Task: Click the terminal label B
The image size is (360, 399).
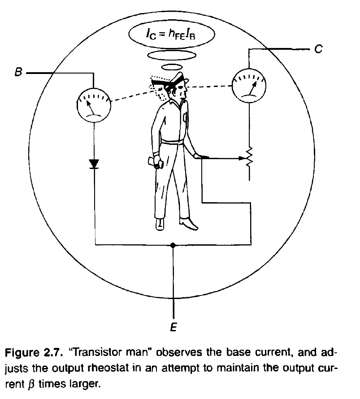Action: (18, 72)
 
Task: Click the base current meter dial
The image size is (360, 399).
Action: (94, 104)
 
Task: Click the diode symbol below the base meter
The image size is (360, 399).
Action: (94, 164)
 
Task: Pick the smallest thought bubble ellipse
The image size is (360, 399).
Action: (171, 67)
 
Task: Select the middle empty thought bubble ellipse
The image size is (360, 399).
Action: (171, 56)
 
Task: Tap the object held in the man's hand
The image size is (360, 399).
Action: (156, 162)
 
